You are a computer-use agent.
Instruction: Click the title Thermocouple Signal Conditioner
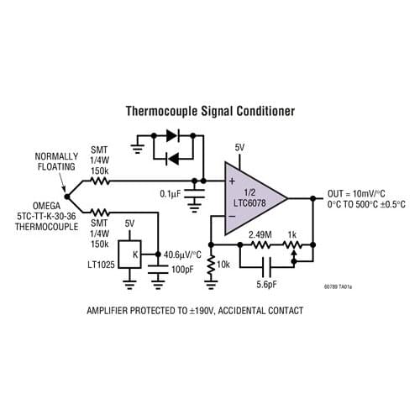[209, 110]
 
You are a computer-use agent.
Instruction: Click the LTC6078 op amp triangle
[252, 198]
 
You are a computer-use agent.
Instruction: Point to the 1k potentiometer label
[291, 234]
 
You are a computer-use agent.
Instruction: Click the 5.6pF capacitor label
[266, 285]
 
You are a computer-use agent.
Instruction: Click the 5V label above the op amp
[239, 148]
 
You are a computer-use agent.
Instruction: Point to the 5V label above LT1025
[129, 224]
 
